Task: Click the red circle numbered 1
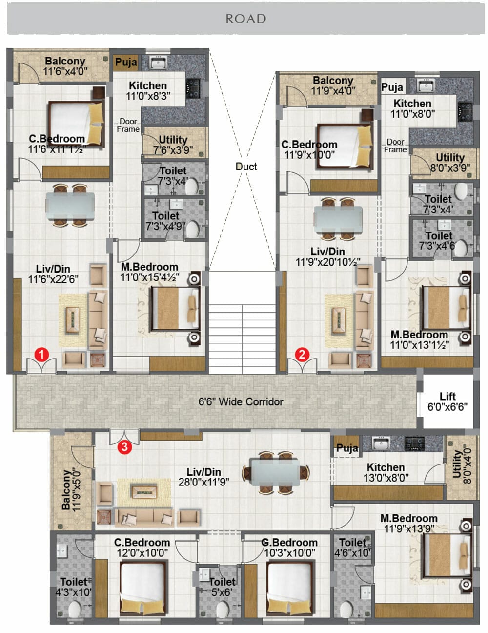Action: [41, 354]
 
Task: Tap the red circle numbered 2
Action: [302, 354]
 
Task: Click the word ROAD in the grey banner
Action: [246, 19]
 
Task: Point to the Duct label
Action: [246, 167]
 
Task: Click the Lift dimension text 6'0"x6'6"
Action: [447, 406]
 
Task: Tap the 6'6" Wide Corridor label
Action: [241, 401]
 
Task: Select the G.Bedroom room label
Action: [289, 543]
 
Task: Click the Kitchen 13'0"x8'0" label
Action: [386, 472]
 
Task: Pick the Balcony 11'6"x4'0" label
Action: [65, 66]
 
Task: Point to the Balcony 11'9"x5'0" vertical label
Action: [71, 490]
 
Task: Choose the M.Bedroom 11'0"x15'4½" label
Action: [149, 272]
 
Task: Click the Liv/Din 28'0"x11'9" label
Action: [203, 477]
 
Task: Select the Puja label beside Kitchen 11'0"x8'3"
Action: [126, 62]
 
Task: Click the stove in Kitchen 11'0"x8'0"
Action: [465, 112]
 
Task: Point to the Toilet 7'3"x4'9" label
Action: [165, 221]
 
